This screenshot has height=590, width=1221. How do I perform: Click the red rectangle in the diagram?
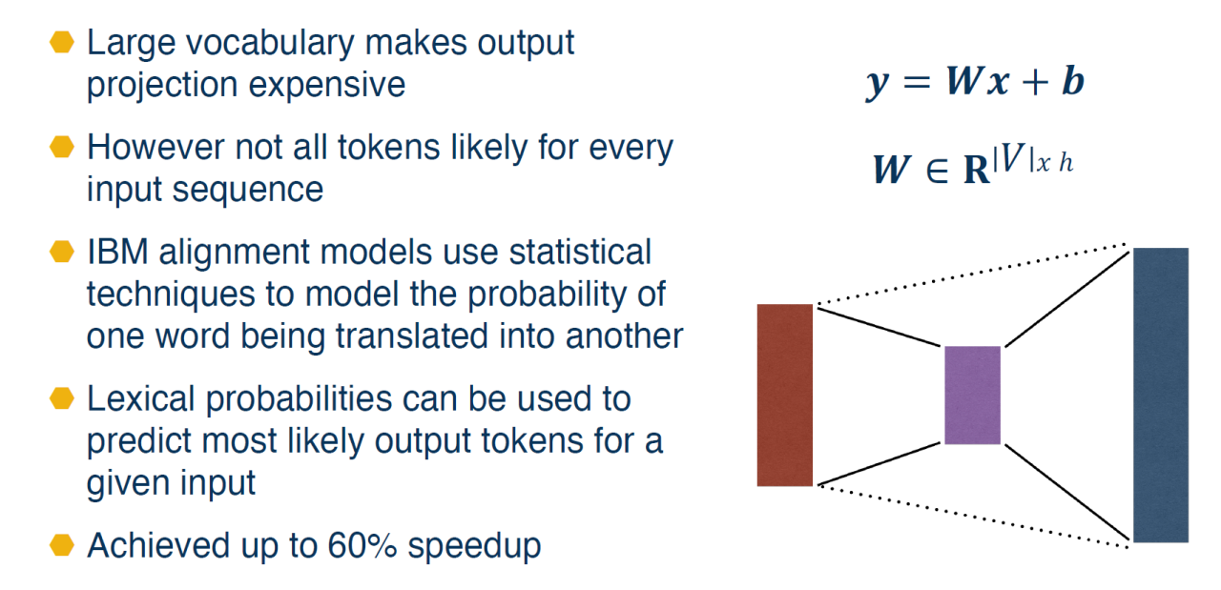pyautogui.click(x=784, y=395)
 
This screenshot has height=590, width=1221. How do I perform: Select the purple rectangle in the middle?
pyautogui.click(x=972, y=395)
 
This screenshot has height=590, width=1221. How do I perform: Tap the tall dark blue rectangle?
pyautogui.click(x=1161, y=395)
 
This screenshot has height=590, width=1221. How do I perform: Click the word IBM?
pyautogui.click(x=117, y=253)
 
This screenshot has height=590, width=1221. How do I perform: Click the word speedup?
pyautogui.click(x=474, y=547)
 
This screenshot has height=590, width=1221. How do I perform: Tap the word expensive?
pyautogui.click(x=327, y=85)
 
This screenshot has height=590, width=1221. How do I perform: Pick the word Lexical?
pyautogui.click(x=140, y=398)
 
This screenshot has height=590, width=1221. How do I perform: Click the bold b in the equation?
pyautogui.click(x=1073, y=82)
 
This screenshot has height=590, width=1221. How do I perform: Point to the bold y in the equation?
pyautogui.click(x=879, y=85)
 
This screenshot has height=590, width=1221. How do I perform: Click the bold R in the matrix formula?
pyautogui.click(x=976, y=170)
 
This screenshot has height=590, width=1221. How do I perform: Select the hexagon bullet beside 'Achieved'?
pyautogui.click(x=62, y=545)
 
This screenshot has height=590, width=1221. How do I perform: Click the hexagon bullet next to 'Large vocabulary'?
pyautogui.click(x=62, y=42)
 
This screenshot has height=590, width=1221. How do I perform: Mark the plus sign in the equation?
pyautogui.click(x=1035, y=83)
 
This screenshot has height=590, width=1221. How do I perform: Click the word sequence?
pyautogui.click(x=248, y=191)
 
